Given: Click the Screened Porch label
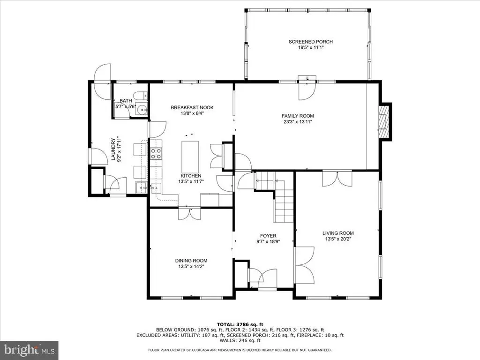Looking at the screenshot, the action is tap(311, 42).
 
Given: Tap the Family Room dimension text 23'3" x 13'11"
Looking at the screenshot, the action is tap(298, 122).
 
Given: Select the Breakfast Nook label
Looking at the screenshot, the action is tap(192, 107).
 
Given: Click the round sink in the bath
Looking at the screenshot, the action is tap(141, 109).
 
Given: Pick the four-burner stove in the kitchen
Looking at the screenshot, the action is tap(156, 153).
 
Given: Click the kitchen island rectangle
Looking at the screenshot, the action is tap(190, 157).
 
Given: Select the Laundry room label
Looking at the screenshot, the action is tap(113, 150).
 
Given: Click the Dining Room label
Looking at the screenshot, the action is tap(191, 261).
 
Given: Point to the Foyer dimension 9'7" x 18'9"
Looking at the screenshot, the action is tap(268, 241).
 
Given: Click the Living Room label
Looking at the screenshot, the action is tap(338, 233).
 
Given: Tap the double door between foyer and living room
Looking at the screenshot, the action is tap(305, 265).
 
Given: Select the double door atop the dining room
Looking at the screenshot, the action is tap(190, 214).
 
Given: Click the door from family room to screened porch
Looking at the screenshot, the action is tap(307, 90).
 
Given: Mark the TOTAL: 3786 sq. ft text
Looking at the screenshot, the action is tap(240, 324).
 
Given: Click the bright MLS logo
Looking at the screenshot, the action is tap(30, 349).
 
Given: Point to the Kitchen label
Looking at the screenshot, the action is tap(191, 176).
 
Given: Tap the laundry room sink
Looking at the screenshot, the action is tap(141, 187).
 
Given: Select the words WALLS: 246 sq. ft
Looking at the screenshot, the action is tap(240, 340).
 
